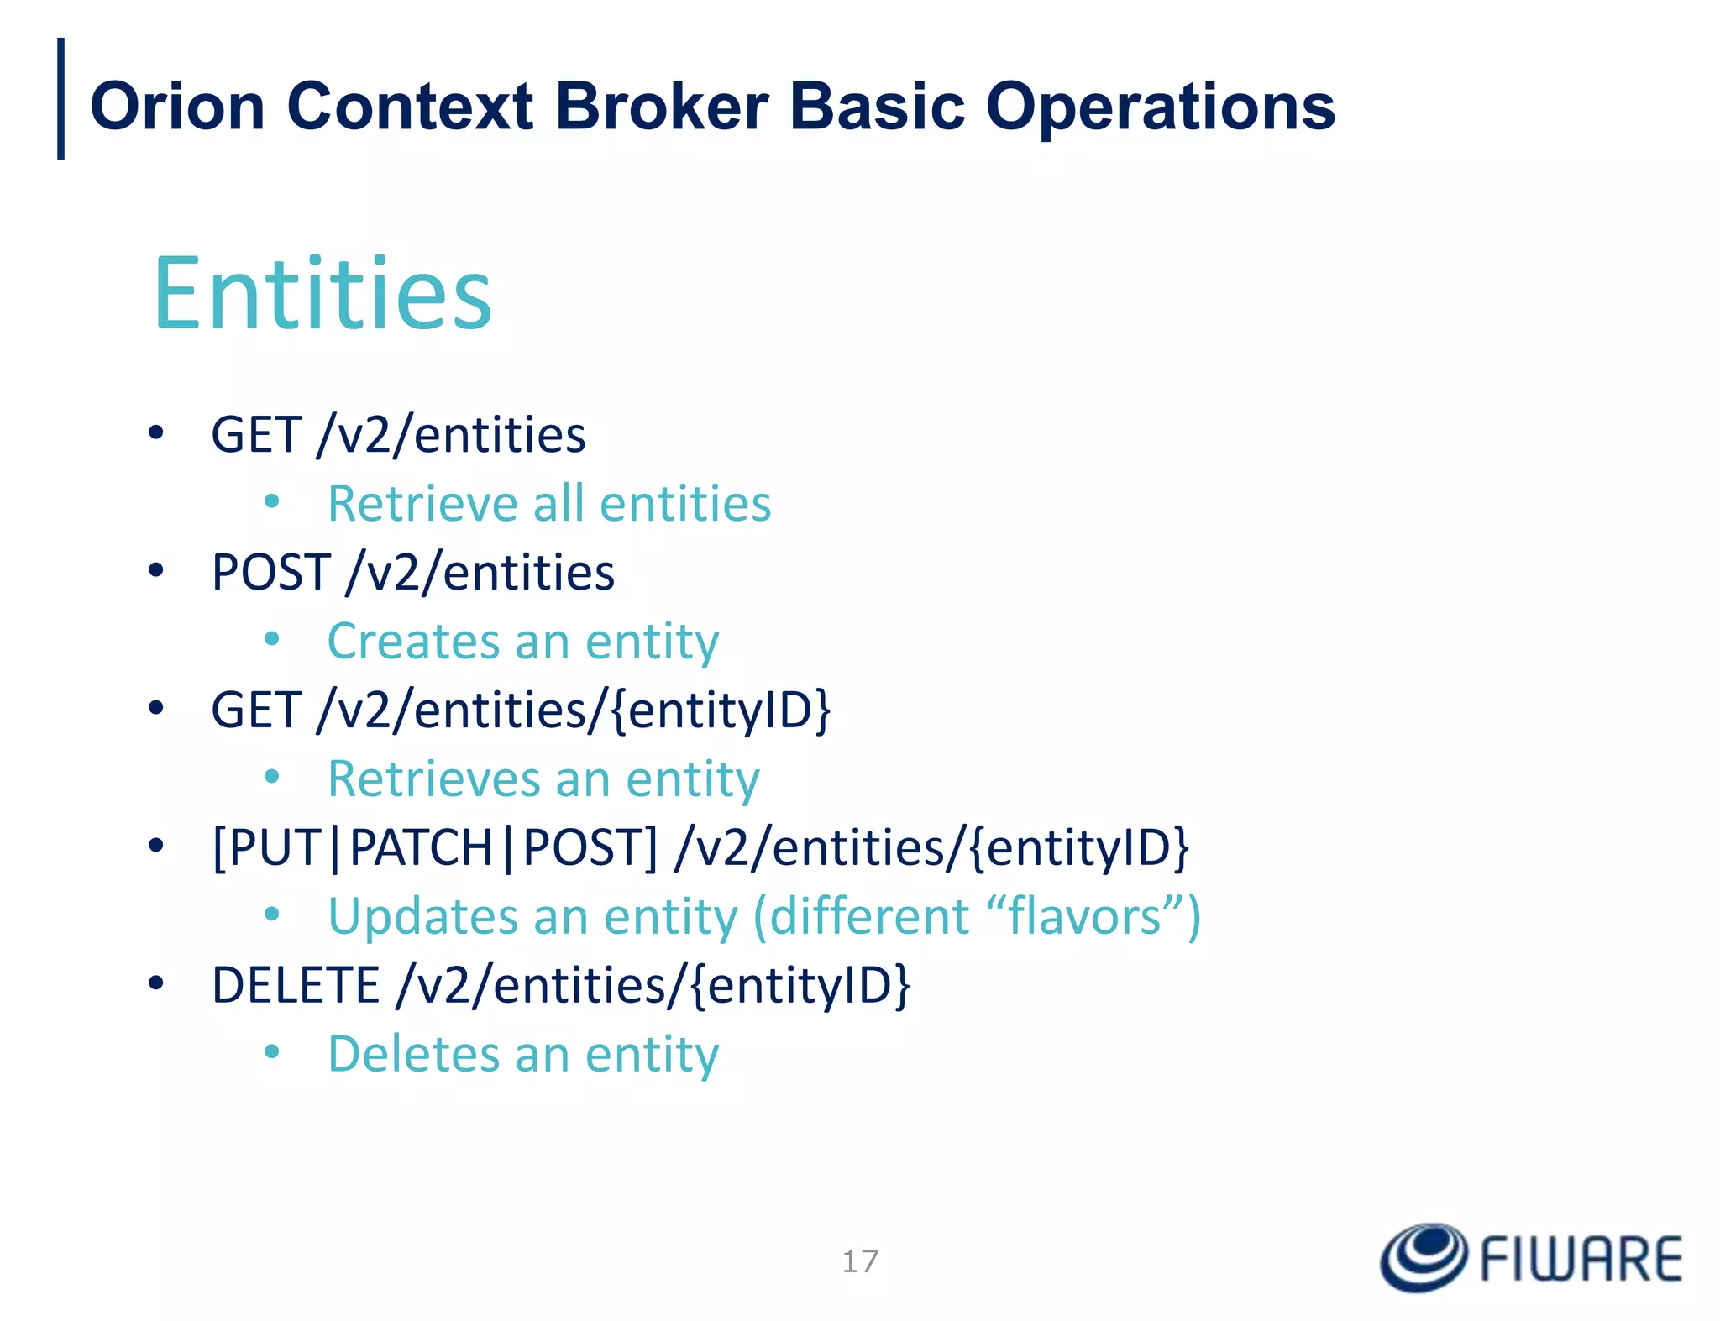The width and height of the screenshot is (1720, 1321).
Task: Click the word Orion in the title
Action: [x=177, y=107]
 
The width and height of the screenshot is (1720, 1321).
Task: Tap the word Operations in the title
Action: [x=1160, y=108]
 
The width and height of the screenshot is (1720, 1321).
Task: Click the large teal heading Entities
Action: [x=322, y=294]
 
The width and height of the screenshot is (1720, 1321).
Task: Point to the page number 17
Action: [x=860, y=1261]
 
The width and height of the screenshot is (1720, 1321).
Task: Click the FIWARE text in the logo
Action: [x=1581, y=1260]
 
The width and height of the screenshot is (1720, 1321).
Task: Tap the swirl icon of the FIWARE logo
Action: [x=1424, y=1257]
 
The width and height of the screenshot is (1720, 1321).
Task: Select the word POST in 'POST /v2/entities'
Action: [x=270, y=573]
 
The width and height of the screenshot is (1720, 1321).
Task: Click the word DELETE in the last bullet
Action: [x=296, y=985]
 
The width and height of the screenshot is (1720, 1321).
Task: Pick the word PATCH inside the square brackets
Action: [x=421, y=847]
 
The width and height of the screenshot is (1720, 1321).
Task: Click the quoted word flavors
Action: [x=1084, y=916]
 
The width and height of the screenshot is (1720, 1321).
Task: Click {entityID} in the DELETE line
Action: [x=800, y=985]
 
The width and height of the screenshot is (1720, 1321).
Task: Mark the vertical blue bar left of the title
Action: [x=60, y=98]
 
